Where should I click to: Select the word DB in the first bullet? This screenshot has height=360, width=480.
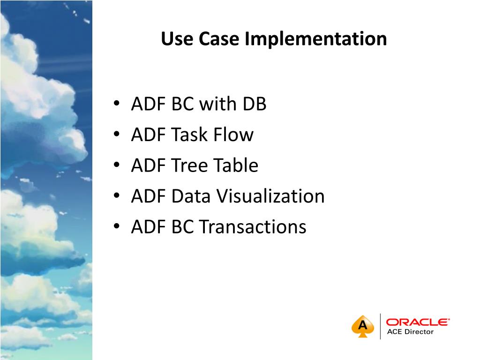pos(254,104)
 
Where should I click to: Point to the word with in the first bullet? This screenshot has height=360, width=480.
pos(217,104)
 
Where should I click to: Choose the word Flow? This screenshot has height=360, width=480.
pos(233,135)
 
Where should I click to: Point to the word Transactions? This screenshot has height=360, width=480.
pos(253,227)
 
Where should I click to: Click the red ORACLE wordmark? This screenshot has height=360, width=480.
pos(417,322)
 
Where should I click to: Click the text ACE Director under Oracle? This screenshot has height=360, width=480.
pos(410,332)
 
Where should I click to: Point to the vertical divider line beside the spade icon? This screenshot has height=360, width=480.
pos(380,326)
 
